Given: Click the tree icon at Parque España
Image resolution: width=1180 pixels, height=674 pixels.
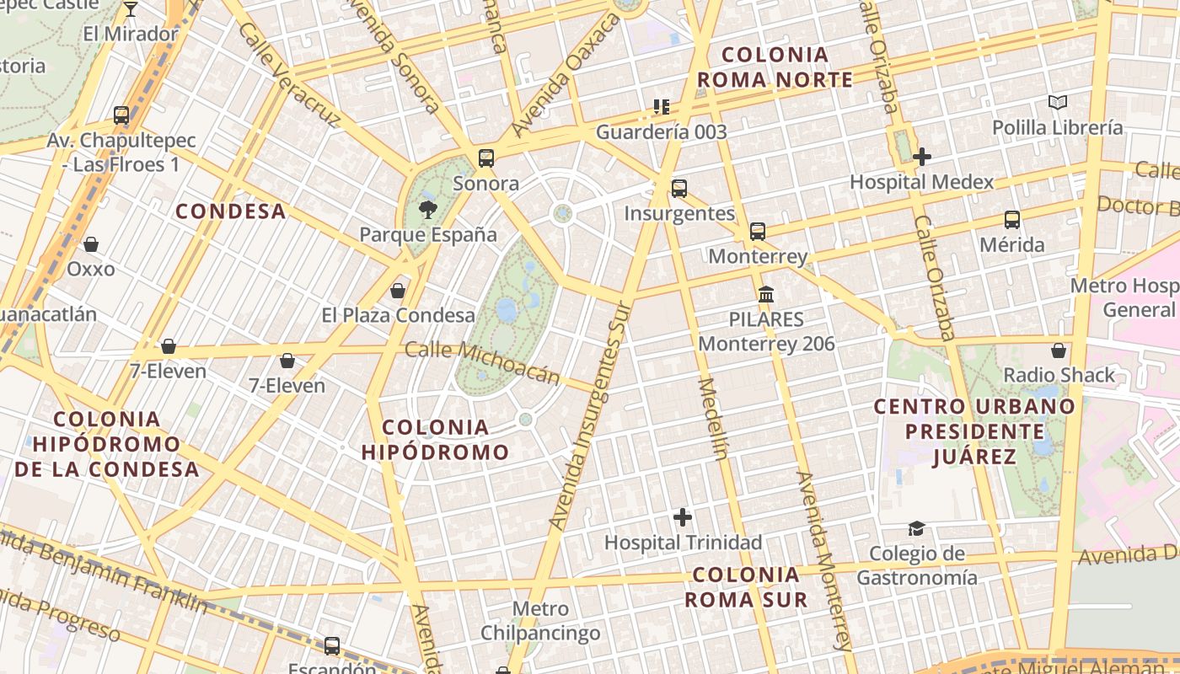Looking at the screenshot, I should click(428, 210).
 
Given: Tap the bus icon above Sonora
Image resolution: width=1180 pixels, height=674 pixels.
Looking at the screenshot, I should click(485, 158).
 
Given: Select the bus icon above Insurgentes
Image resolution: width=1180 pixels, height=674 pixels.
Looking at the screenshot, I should click(678, 189).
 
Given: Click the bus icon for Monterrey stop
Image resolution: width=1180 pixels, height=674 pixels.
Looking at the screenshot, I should click(758, 231).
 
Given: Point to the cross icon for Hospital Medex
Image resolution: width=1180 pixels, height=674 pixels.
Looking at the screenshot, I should click(921, 157).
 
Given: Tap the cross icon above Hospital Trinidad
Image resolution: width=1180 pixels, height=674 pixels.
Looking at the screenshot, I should click(683, 517).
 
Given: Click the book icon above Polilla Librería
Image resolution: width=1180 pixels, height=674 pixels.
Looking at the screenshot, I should click(1057, 103).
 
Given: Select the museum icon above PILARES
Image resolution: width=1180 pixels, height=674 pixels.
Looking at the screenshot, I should click(766, 295).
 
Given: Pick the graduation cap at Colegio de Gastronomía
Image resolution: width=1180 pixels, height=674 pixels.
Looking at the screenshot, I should click(916, 529).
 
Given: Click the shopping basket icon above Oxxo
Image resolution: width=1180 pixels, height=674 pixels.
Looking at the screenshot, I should click(90, 244).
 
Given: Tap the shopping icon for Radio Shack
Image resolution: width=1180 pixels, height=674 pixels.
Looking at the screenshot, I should click(1059, 350).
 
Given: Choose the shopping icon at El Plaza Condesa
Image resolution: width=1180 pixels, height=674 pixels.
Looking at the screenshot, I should click(398, 291).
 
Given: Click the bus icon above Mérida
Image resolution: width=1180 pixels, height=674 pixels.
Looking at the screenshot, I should click(1011, 220).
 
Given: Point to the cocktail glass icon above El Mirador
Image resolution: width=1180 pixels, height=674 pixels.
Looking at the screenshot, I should click(130, 9).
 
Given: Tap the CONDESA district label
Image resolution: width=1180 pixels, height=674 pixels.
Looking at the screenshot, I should click(230, 211).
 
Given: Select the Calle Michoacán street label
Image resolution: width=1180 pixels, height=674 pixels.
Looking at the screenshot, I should click(482, 362).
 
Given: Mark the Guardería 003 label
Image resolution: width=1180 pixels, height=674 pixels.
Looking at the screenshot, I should click(661, 132).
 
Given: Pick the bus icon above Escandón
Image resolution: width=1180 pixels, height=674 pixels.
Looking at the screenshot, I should click(332, 646).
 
